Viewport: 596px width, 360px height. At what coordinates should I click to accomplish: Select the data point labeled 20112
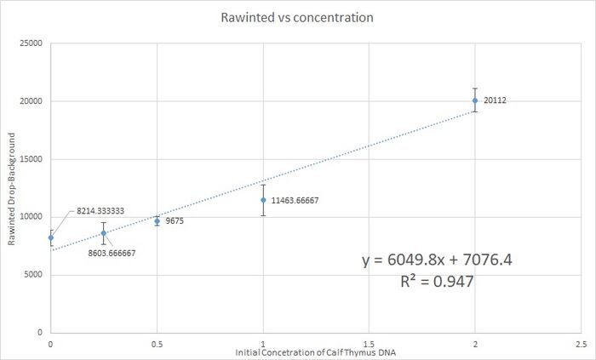tap(475, 100)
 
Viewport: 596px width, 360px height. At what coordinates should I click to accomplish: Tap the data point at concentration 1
tap(263, 200)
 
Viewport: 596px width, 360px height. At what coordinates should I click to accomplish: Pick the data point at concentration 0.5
tap(157, 220)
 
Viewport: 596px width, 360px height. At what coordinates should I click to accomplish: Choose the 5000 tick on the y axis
tap(34, 274)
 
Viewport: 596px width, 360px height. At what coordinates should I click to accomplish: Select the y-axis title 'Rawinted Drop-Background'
tap(12, 188)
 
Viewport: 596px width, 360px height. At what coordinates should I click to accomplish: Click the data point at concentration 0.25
tap(104, 233)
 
